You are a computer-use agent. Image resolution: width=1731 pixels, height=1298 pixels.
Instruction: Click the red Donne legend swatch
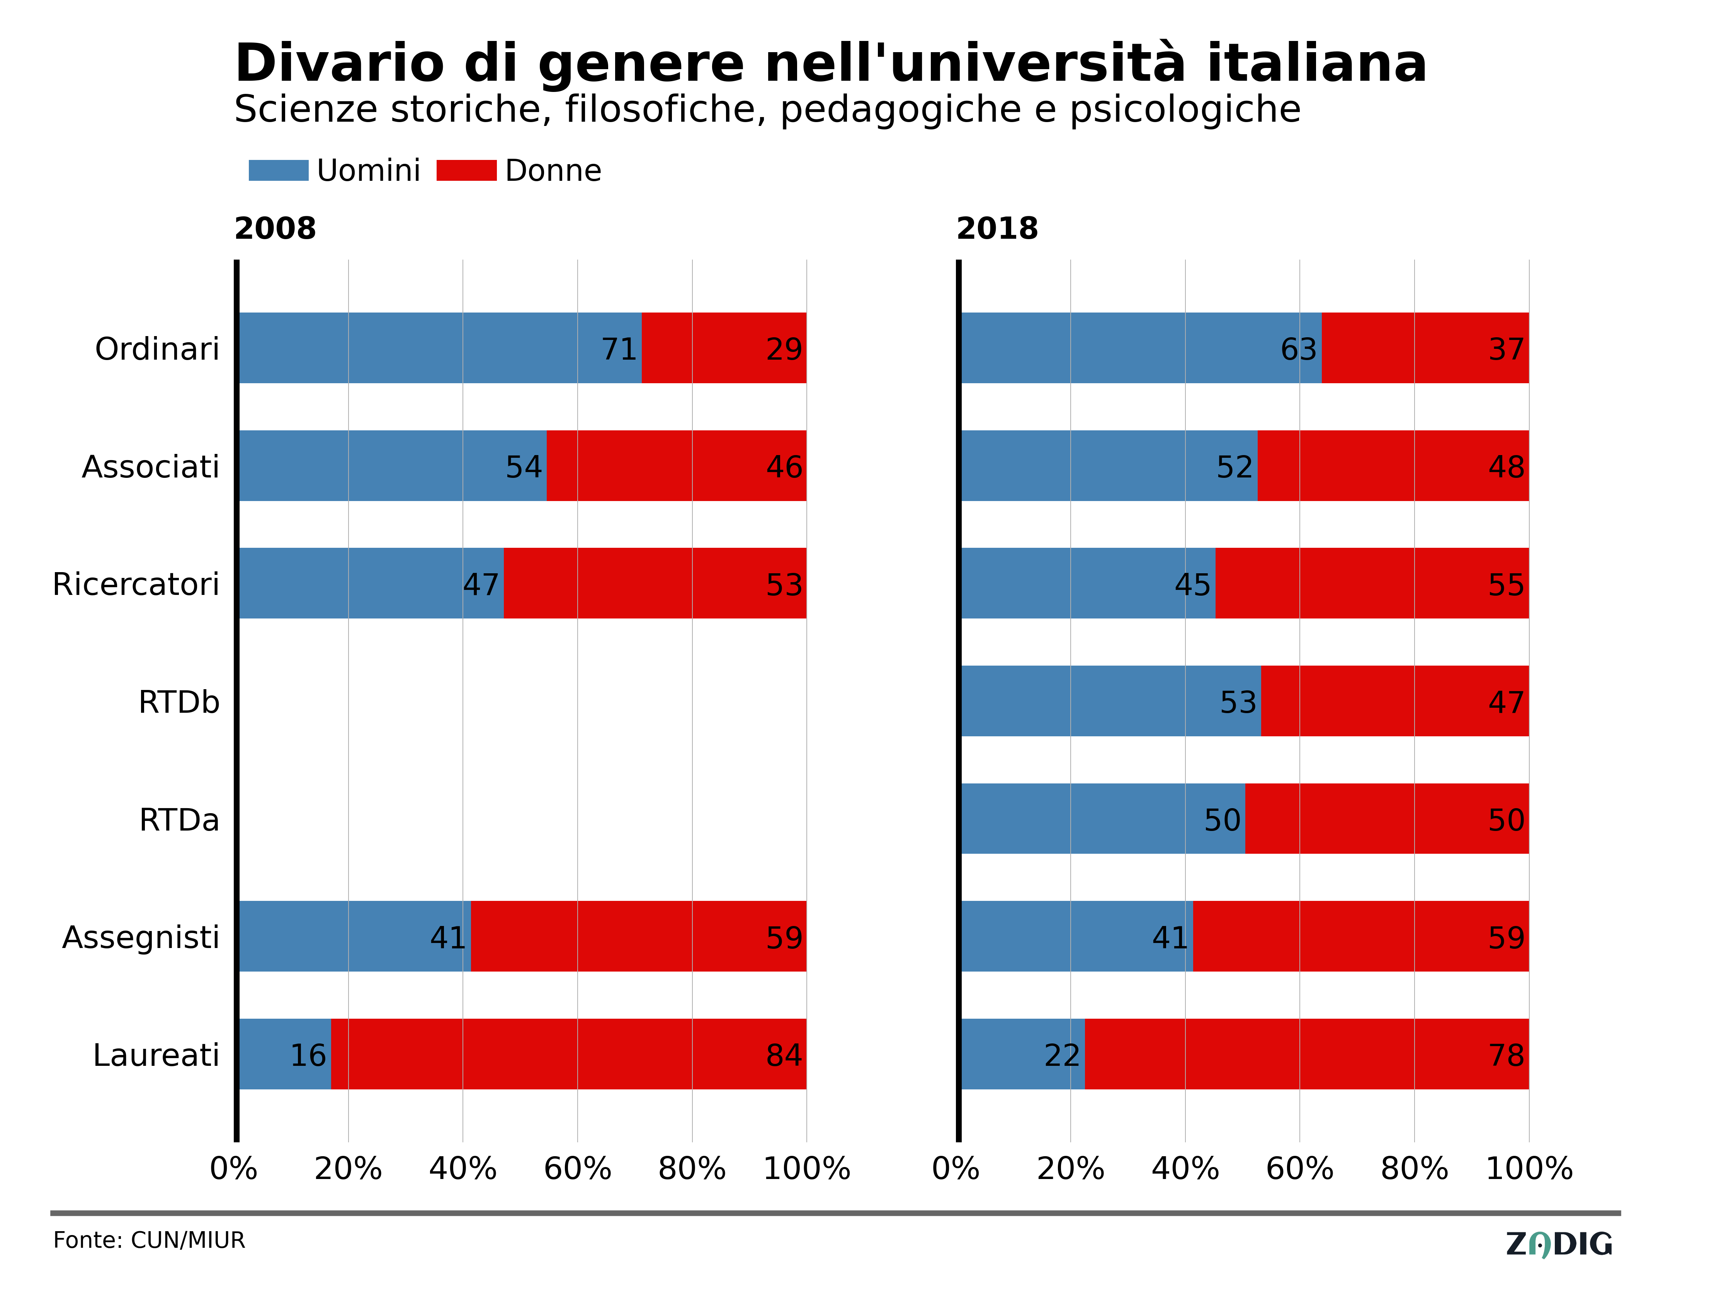pyautogui.click(x=466, y=171)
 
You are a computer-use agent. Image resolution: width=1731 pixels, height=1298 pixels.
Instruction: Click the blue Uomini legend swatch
pyautogui.click(x=279, y=171)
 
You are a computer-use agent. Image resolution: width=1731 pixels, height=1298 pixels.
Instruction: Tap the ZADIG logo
pyautogui.click(x=1559, y=1244)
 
